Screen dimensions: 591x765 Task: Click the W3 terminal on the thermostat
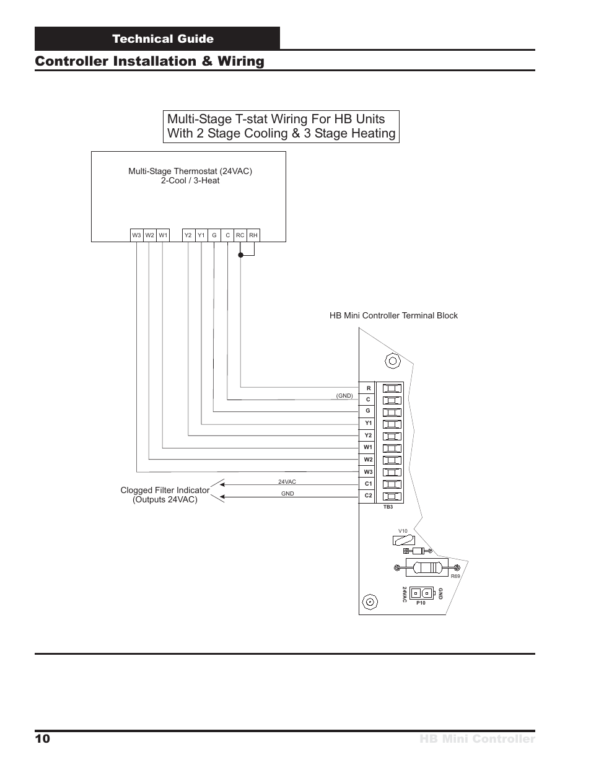(136, 235)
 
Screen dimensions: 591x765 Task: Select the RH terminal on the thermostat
(253, 235)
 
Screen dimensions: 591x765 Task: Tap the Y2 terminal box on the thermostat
(188, 235)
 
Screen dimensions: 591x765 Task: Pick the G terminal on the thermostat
(214, 235)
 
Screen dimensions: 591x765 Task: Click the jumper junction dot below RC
(241, 255)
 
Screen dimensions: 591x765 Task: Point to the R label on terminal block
(369, 388)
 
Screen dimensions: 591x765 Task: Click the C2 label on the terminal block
(368, 496)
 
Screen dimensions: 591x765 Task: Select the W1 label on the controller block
(368, 447)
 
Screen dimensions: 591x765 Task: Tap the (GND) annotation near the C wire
(344, 396)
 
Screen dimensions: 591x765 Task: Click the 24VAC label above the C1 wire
(287, 481)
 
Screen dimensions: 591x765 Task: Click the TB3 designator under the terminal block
(388, 507)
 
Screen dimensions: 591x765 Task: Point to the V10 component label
(403, 531)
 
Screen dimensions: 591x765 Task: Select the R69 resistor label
(455, 576)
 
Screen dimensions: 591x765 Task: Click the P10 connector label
(421, 603)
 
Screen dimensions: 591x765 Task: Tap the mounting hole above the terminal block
(393, 361)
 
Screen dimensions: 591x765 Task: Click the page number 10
(43, 738)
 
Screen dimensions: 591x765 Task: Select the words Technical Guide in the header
(163, 39)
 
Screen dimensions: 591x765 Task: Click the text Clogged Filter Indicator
(165, 490)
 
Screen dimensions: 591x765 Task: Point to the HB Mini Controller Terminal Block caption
(393, 315)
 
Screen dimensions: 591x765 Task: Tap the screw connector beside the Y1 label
(392, 424)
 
